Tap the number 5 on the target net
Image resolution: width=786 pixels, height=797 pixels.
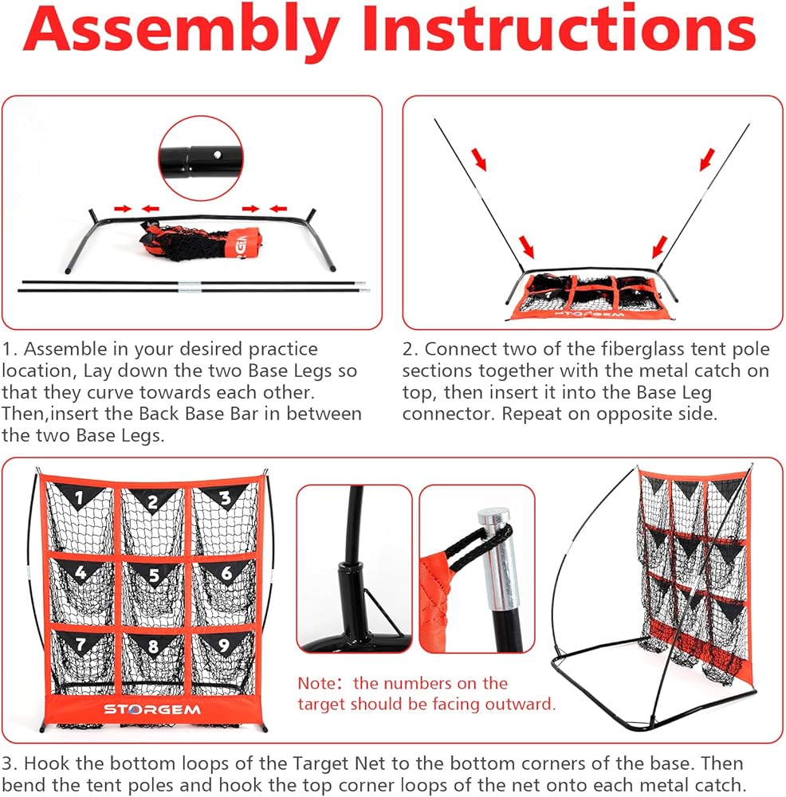pyautogui.click(x=154, y=575)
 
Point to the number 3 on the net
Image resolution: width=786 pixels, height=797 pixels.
pyautogui.click(x=226, y=497)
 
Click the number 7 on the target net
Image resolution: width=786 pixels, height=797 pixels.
pyautogui.click(x=81, y=644)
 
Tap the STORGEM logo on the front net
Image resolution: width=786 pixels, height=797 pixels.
pyautogui.click(x=152, y=709)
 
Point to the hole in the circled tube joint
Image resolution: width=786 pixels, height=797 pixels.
pyautogui.click(x=217, y=155)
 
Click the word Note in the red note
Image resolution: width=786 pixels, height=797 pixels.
pyautogui.click(x=316, y=683)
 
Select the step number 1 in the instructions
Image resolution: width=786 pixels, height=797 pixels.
pyautogui.click(x=8, y=349)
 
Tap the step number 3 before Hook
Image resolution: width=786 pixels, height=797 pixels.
pyautogui.click(x=9, y=764)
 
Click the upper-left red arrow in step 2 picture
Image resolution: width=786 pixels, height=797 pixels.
pyautogui.click(x=479, y=159)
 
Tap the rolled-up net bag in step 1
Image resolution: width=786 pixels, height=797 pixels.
pyautogui.click(x=201, y=241)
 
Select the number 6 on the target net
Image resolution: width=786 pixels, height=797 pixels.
pyautogui.click(x=226, y=573)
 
